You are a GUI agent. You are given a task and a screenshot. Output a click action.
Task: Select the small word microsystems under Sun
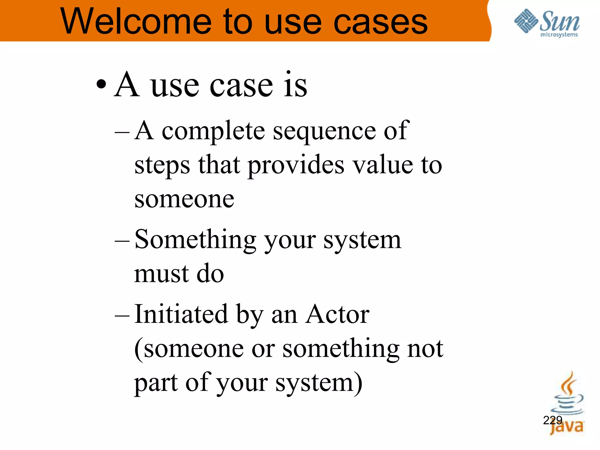click(x=559, y=35)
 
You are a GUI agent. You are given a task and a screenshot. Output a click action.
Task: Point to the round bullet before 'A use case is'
click(x=101, y=85)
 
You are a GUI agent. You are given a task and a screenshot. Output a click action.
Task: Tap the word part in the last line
click(x=156, y=383)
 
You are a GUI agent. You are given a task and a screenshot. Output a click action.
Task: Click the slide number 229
click(x=553, y=420)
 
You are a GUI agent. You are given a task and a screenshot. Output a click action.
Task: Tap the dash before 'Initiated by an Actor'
click(x=122, y=315)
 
